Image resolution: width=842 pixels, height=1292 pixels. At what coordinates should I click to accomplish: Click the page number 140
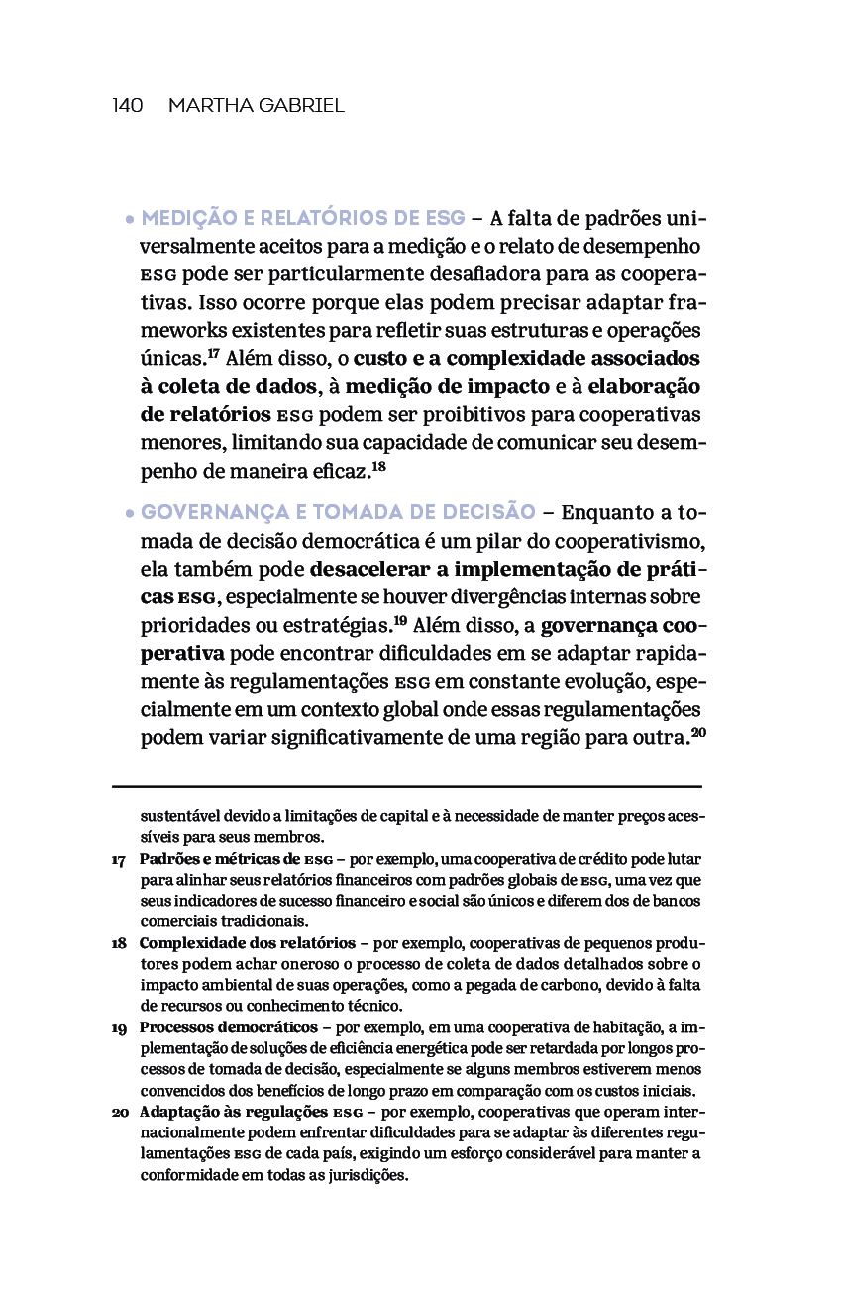128,106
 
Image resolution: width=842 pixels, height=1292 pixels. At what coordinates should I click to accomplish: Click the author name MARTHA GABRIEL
257,106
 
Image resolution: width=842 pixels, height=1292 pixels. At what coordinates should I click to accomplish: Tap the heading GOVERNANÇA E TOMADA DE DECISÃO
338,512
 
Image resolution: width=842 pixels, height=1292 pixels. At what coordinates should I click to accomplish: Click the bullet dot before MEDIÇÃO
129,219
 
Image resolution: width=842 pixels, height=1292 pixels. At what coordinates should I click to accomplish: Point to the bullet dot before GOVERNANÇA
129,514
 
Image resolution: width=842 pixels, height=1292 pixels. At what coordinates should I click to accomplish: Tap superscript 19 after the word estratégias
400,622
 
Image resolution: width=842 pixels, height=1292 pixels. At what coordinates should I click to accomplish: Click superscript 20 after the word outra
697,734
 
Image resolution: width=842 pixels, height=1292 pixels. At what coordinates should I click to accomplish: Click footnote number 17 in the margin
119,860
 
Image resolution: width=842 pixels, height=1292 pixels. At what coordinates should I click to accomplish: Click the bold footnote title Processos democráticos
229,1027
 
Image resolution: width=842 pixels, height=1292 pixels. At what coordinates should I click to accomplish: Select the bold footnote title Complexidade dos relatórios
248,942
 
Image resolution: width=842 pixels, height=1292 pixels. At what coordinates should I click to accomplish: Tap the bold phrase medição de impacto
447,386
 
